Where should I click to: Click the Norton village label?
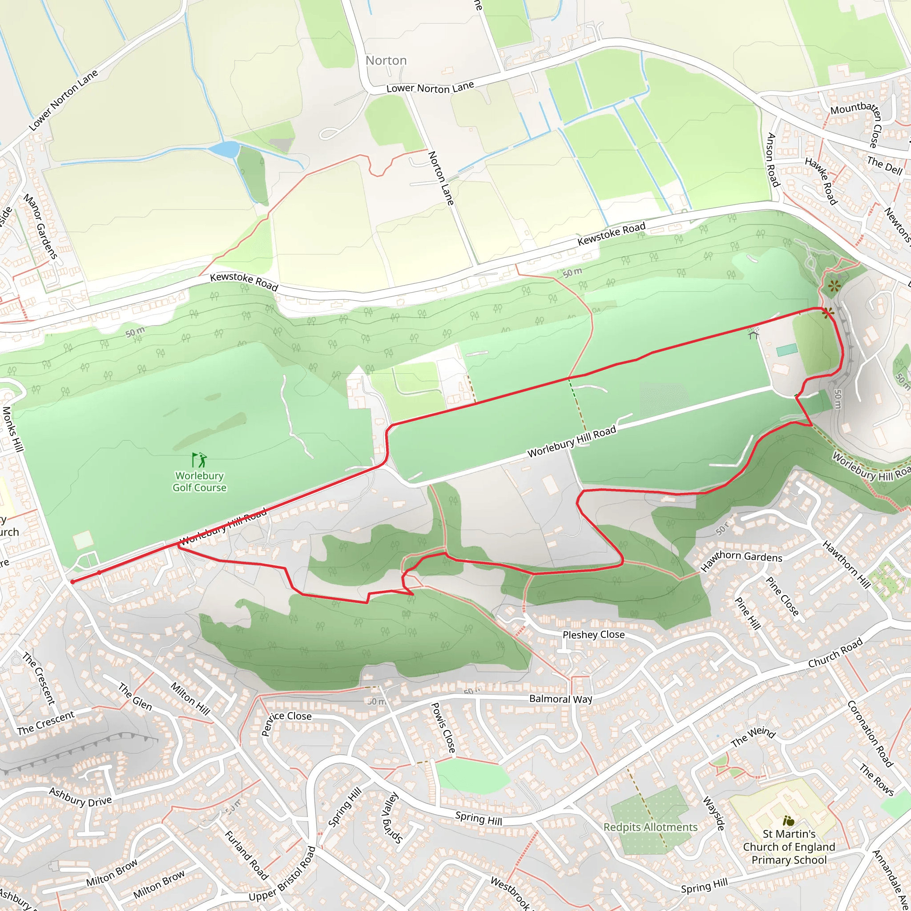(386, 60)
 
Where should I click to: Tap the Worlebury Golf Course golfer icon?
(199, 460)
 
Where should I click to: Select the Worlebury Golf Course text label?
(199, 481)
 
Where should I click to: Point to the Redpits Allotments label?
(650, 827)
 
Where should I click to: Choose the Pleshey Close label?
(593, 635)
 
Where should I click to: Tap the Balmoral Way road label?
(560, 698)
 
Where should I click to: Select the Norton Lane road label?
(441, 178)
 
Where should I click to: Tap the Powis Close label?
(443, 727)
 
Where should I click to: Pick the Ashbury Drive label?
(81, 797)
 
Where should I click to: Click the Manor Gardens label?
(40, 226)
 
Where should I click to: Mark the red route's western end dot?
(73, 581)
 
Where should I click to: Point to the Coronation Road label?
(870, 734)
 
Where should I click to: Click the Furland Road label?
(246, 855)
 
